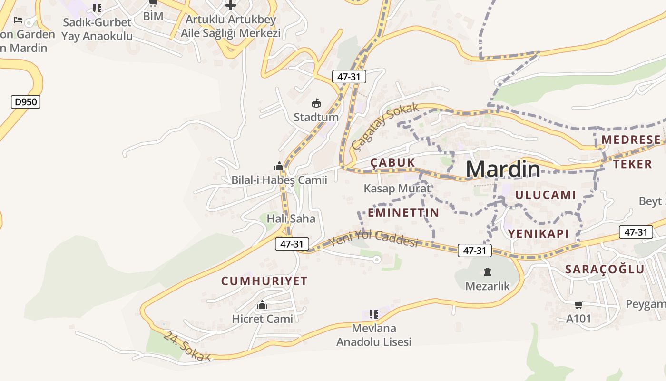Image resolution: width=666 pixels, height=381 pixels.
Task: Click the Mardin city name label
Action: (x=503, y=169)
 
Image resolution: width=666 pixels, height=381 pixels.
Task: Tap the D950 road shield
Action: (x=26, y=101)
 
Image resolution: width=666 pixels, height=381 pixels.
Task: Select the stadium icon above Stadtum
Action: (x=316, y=103)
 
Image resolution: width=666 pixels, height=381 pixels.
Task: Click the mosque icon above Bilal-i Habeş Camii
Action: (x=279, y=166)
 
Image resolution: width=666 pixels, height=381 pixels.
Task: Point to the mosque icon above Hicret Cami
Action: (x=262, y=305)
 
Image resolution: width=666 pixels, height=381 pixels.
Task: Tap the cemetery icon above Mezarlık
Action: (x=487, y=272)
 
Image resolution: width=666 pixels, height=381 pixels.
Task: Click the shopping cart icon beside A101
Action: (x=578, y=305)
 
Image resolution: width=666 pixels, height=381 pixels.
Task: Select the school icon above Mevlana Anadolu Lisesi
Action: (x=374, y=314)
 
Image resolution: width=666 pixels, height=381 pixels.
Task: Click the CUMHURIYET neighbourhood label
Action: (x=264, y=281)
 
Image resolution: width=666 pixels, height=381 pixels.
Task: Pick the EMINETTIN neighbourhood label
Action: (x=403, y=212)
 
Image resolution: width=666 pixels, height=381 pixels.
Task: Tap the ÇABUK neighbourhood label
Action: (x=393, y=163)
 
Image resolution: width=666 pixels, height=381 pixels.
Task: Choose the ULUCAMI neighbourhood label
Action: (x=545, y=195)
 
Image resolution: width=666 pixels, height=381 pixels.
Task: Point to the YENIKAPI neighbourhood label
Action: (x=539, y=233)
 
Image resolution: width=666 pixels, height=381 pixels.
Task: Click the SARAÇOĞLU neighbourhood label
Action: (x=605, y=269)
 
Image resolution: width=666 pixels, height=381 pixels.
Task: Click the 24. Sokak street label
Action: (x=187, y=346)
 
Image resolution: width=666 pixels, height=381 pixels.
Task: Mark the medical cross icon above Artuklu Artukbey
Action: (x=231, y=6)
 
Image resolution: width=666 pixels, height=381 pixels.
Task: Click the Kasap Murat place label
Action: (x=397, y=188)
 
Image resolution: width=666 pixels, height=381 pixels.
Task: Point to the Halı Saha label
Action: (x=291, y=219)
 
